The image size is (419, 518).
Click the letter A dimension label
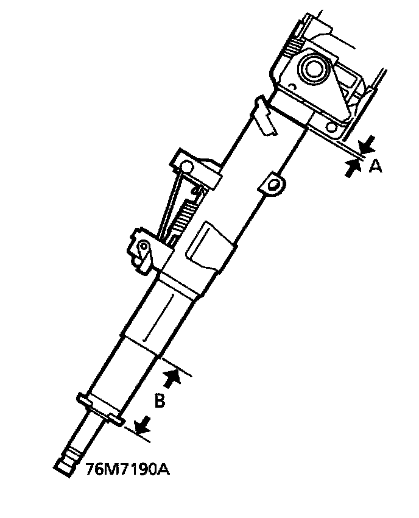pos(376,165)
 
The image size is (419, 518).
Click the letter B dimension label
pos(158,401)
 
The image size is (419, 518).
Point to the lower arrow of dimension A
pos(351,168)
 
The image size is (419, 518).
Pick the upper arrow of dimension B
pos(174,377)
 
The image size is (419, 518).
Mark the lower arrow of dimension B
pos(143,425)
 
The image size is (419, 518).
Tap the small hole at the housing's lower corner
pos(332,127)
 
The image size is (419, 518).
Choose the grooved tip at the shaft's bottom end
pos(67,458)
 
